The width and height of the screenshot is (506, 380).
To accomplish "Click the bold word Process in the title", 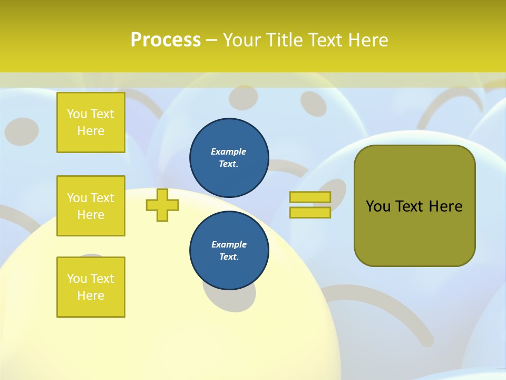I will (166, 40).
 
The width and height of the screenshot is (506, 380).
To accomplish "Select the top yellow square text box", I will (91, 122).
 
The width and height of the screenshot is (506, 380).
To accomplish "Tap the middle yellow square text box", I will (91, 206).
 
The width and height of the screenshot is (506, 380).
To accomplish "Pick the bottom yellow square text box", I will (91, 287).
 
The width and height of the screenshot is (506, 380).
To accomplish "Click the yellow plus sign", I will (162, 205).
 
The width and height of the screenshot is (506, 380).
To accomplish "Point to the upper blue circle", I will (229, 157).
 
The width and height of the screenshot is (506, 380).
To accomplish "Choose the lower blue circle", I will (229, 251).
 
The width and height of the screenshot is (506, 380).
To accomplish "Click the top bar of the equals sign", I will (310, 197).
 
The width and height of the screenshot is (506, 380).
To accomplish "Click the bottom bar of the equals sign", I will (310, 213).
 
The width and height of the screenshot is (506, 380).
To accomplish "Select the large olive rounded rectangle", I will (414, 206).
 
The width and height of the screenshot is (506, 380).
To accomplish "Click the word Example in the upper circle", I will (228, 151).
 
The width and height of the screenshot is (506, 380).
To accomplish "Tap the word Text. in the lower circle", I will (229, 257).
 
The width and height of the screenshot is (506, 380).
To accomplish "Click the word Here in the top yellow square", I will (91, 131).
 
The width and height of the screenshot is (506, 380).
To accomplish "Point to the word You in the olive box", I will (377, 206).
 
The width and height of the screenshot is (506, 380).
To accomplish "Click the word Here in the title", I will (366, 40).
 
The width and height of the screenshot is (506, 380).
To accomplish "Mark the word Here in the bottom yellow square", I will (91, 296).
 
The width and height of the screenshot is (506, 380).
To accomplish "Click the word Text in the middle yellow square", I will (103, 198).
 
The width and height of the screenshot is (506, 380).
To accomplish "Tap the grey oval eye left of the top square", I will (22, 129).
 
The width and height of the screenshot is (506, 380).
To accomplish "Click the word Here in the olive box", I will (445, 206).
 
